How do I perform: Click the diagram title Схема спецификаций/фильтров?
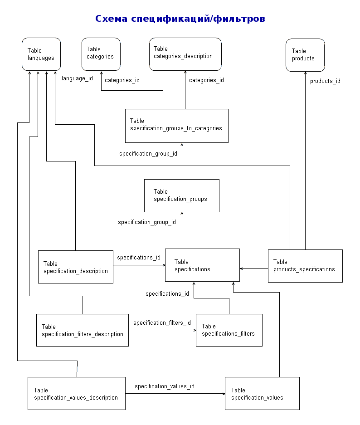[x=180, y=19]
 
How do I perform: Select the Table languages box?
[x=41, y=54]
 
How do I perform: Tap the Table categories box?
[x=101, y=54]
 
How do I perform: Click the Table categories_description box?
[x=185, y=54]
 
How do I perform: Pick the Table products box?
[x=305, y=55]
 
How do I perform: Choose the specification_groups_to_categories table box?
[x=177, y=126]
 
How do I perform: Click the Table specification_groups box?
[x=182, y=195]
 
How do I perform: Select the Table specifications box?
[x=202, y=265]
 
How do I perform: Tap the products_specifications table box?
[x=305, y=266]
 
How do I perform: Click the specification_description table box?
[x=76, y=267]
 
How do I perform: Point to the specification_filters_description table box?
[x=83, y=330]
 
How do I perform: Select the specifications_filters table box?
[x=229, y=330]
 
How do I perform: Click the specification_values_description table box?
[x=77, y=393]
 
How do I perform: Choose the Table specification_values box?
[x=262, y=393]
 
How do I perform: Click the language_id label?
[x=77, y=78]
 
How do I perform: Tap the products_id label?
[x=325, y=81]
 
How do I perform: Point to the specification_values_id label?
[x=165, y=386]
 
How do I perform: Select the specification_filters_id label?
[x=162, y=323]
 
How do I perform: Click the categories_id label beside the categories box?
[x=122, y=80]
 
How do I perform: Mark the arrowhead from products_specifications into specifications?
[x=241, y=269]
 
